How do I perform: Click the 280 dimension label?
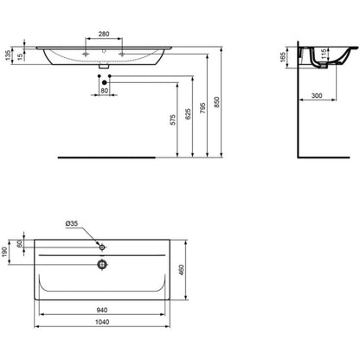pyautogui.click(x=104, y=34)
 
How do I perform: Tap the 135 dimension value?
pyautogui.click(x=8, y=55)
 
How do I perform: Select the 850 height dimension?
pyautogui.click(x=216, y=102)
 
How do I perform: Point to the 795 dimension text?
pyautogui.click(x=202, y=107)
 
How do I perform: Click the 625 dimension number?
pyautogui.click(x=188, y=114)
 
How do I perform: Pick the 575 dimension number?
pyautogui.click(x=172, y=119)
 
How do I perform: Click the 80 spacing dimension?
pyautogui.click(x=104, y=91)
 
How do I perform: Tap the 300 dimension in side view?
pyautogui.click(x=317, y=95)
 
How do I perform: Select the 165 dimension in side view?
pyautogui.click(x=283, y=57)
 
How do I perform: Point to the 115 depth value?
pyautogui.click(x=324, y=54)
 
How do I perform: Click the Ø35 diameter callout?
pyautogui.click(x=72, y=223)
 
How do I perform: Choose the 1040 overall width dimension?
pyautogui.click(x=102, y=322)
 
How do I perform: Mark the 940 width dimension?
pyautogui.click(x=102, y=310)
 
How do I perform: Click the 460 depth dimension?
pyautogui.click(x=182, y=270)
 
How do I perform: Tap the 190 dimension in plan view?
pyautogui.click(x=5, y=252)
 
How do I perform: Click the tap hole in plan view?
pyautogui.click(x=102, y=247)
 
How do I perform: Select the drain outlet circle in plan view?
pyautogui.click(x=102, y=264)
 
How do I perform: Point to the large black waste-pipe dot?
pyautogui.click(x=105, y=83)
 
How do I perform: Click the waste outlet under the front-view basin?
pyautogui.click(x=104, y=67)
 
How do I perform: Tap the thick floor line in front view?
pyautogui.click(x=106, y=157)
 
